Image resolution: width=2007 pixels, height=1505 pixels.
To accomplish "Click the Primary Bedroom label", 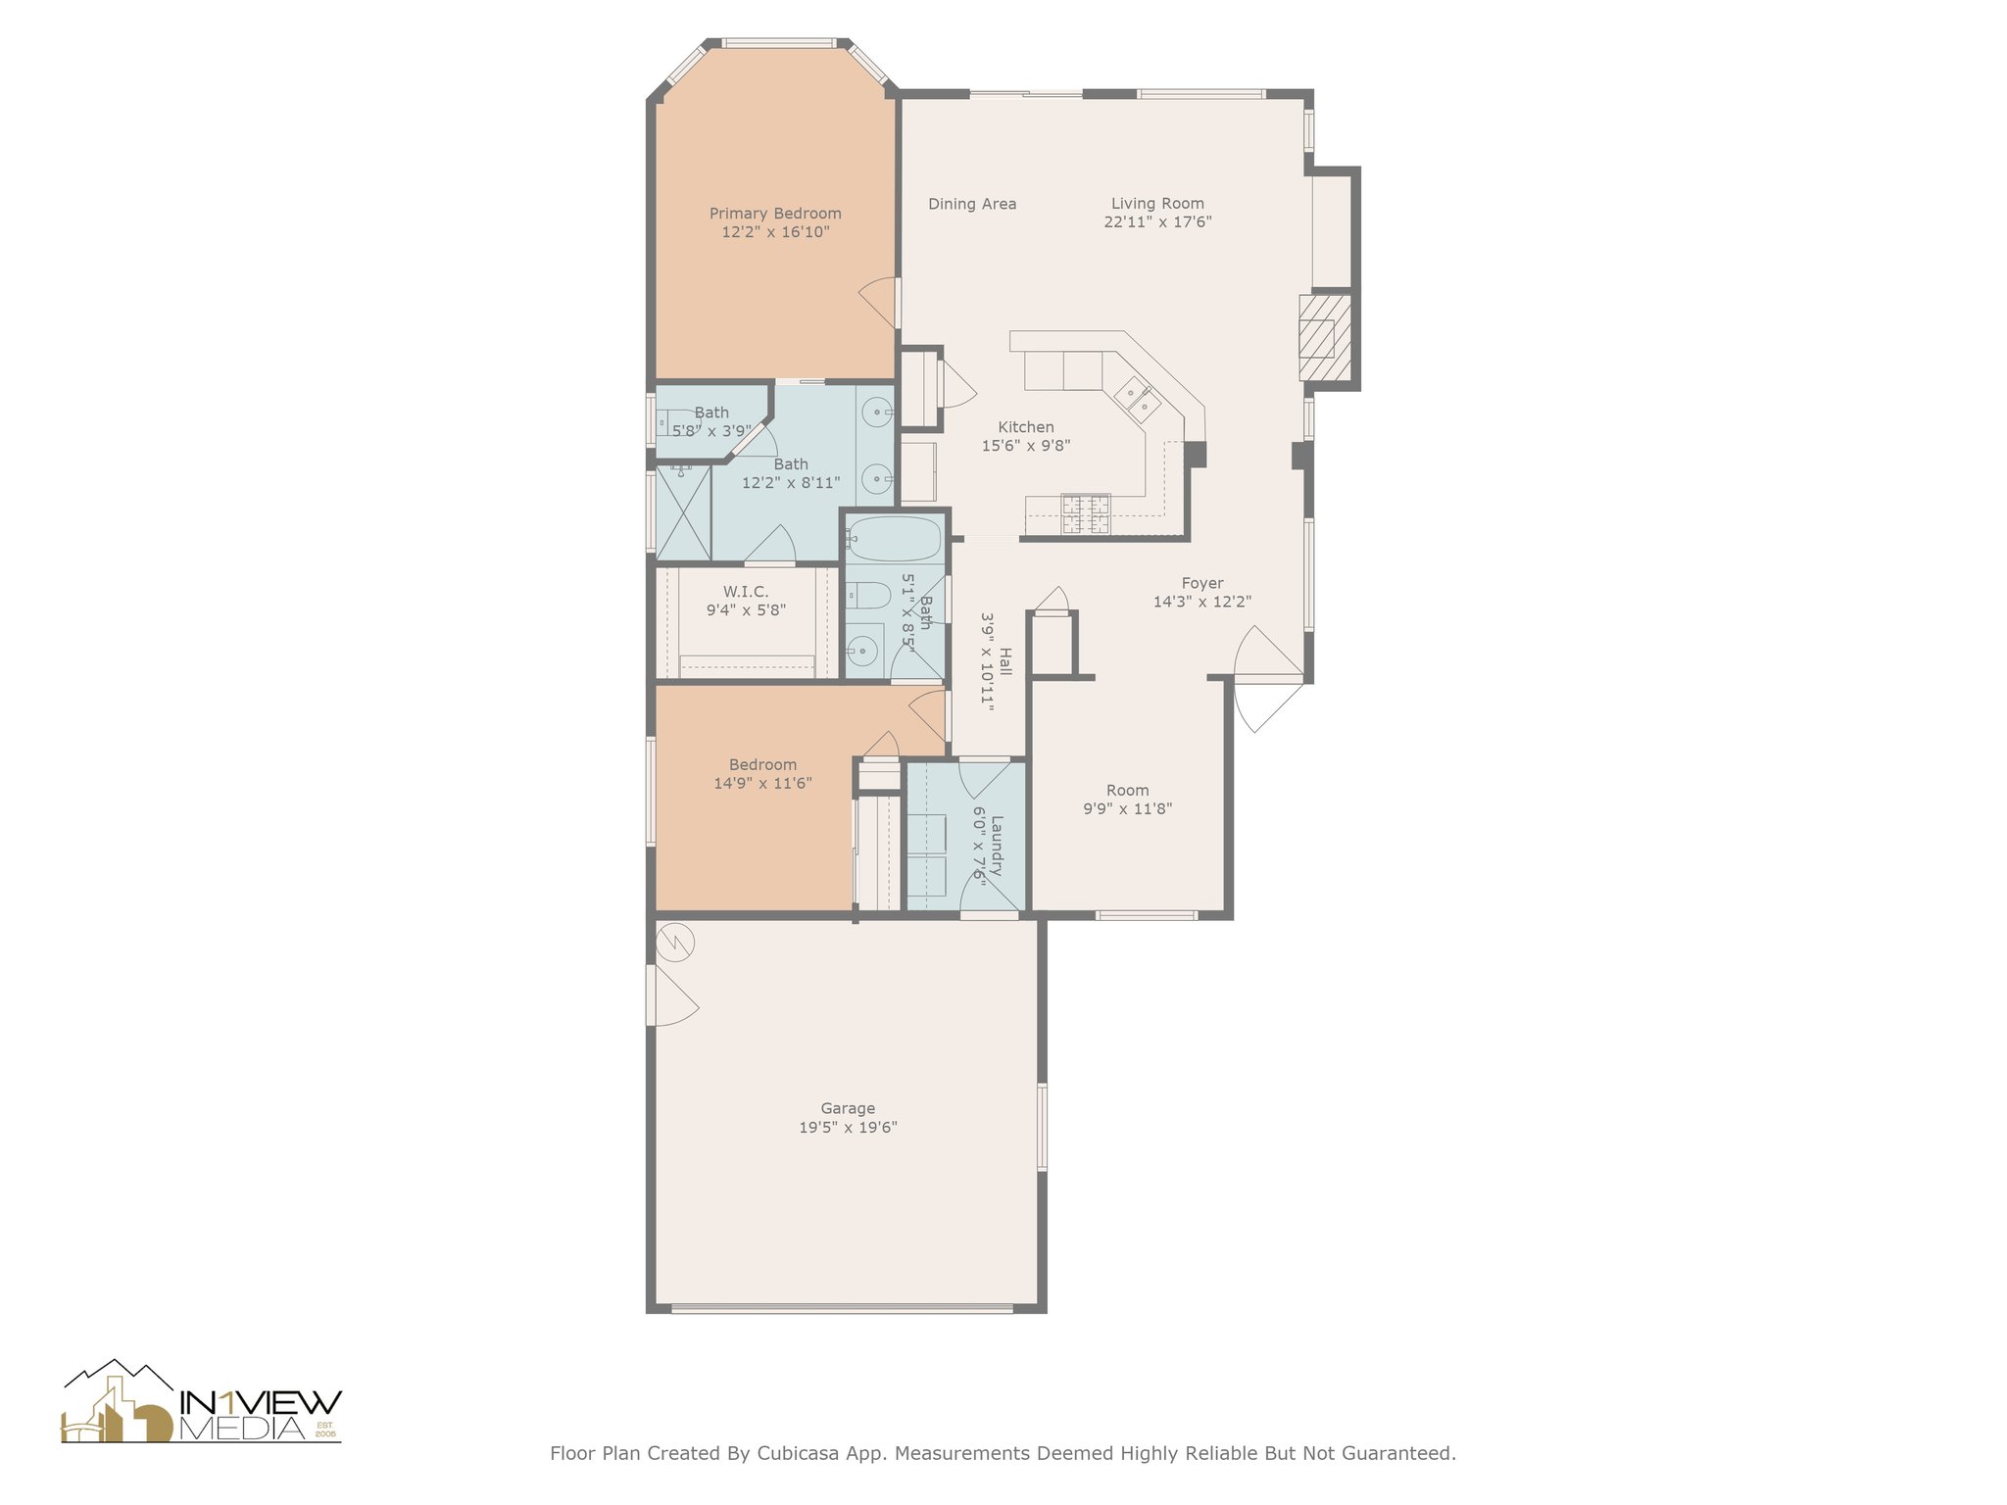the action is click(x=775, y=214).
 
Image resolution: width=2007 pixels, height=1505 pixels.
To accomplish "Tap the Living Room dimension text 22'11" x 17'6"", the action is click(x=1157, y=221).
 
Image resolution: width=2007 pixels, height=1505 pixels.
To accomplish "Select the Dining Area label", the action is click(x=972, y=204).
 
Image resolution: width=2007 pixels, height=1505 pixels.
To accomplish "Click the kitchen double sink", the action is click(x=1137, y=397).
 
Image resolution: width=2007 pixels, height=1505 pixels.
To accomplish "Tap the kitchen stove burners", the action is click(x=1087, y=514).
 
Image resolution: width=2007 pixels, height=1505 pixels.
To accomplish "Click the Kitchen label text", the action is click(x=1026, y=427).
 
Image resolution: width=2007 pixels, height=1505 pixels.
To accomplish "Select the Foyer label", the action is click(x=1202, y=583).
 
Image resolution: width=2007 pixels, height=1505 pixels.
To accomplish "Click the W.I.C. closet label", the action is click(x=746, y=592).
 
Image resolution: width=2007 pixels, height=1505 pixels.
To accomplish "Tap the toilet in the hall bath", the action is click(x=867, y=595).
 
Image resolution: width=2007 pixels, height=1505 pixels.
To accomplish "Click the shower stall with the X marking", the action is click(x=683, y=512).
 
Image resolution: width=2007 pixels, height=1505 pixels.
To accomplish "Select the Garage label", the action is click(x=848, y=1108).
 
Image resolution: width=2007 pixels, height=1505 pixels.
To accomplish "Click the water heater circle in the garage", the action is click(x=675, y=943).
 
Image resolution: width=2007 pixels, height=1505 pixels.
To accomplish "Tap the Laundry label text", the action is click(x=997, y=845).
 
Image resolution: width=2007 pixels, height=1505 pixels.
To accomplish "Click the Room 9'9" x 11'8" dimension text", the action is click(x=1127, y=808).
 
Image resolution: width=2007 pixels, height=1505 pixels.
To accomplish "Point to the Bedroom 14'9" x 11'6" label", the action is click(x=762, y=774).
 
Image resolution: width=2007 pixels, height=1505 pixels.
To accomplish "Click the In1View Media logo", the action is click(x=201, y=1401).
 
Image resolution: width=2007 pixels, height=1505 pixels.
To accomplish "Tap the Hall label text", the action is click(x=1004, y=661).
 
